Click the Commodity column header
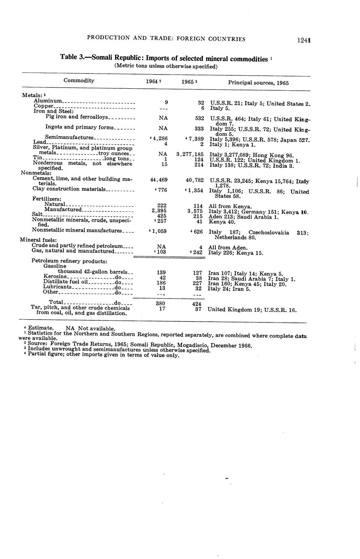79,81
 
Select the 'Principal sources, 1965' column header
258,83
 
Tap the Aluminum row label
48,100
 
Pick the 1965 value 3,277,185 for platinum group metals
190,154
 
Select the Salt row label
37,214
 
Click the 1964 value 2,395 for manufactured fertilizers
159,210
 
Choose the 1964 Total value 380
161,302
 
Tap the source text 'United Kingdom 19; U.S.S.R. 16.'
252,310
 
